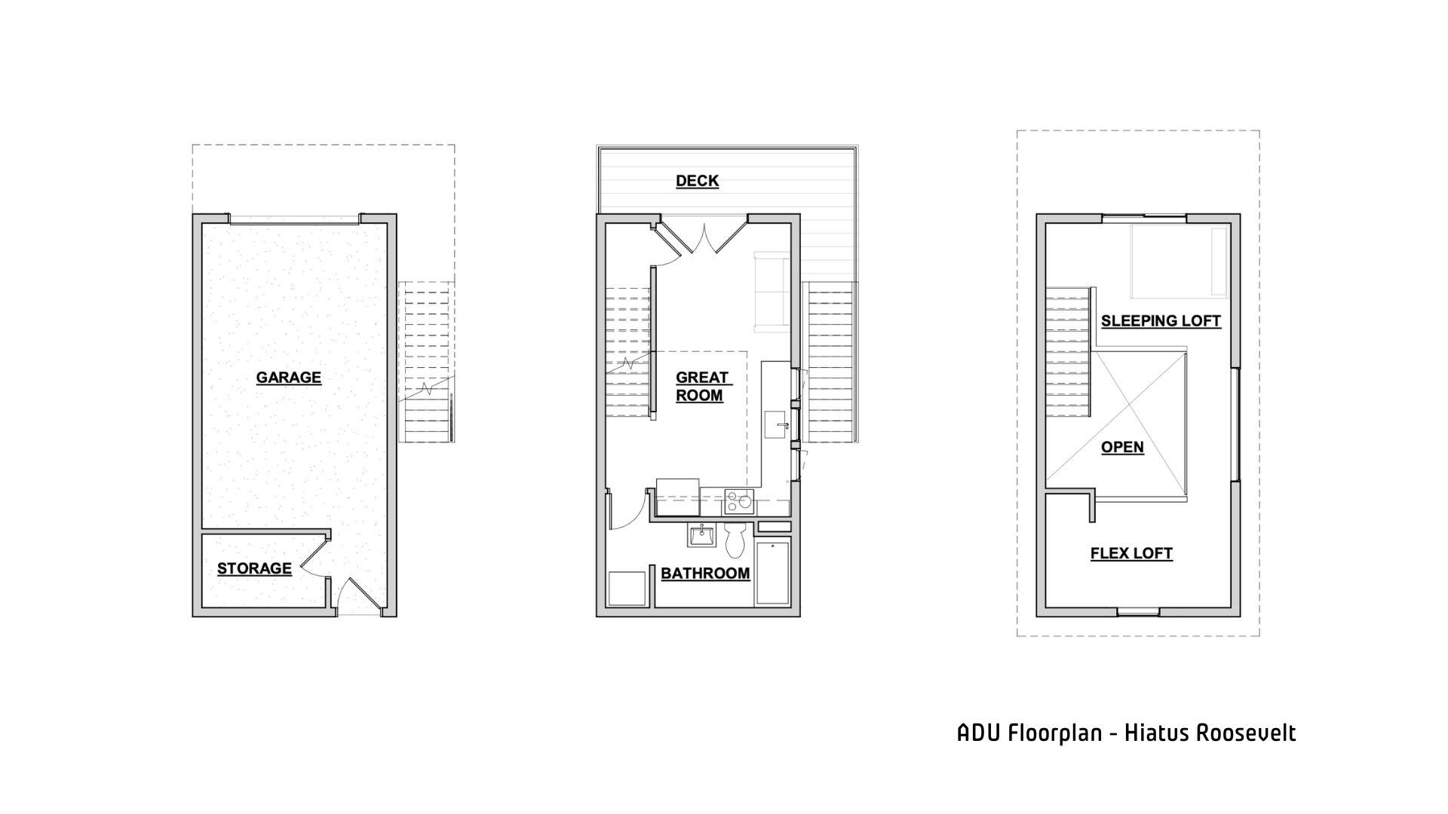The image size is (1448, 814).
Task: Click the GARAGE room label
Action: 288,378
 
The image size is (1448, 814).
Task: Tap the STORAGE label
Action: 254,568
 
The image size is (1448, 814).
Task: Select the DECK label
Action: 697,181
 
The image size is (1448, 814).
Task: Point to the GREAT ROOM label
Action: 701,387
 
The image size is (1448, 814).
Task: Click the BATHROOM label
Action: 705,574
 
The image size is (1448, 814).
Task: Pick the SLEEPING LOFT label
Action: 1161,321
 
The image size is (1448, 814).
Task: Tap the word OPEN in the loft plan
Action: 1122,447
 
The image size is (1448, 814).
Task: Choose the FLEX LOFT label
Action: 1131,554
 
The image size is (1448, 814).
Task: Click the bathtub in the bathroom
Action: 772,572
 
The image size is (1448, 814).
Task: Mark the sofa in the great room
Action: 771,292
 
